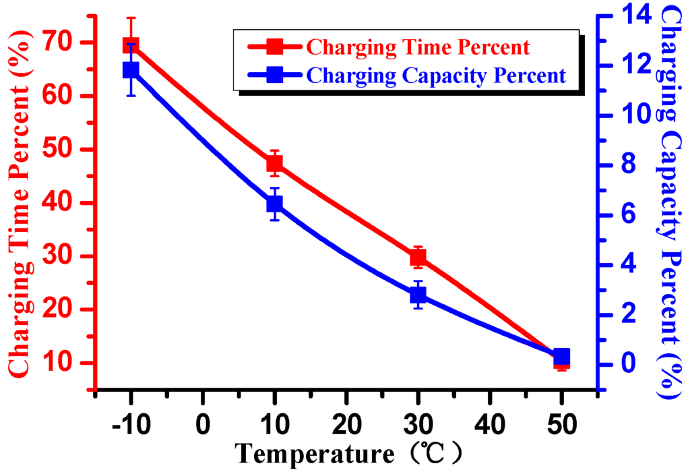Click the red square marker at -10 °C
(x=131, y=45)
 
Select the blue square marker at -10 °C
(x=131, y=69)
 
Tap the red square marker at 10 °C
(x=274, y=163)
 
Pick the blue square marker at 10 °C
(x=274, y=204)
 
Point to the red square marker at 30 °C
(x=418, y=258)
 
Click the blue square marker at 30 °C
(x=418, y=295)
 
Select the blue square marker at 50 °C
(x=561, y=356)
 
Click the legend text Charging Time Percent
(x=417, y=47)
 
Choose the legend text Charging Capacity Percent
(x=435, y=75)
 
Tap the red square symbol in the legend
(x=274, y=47)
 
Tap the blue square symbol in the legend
(x=274, y=74)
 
